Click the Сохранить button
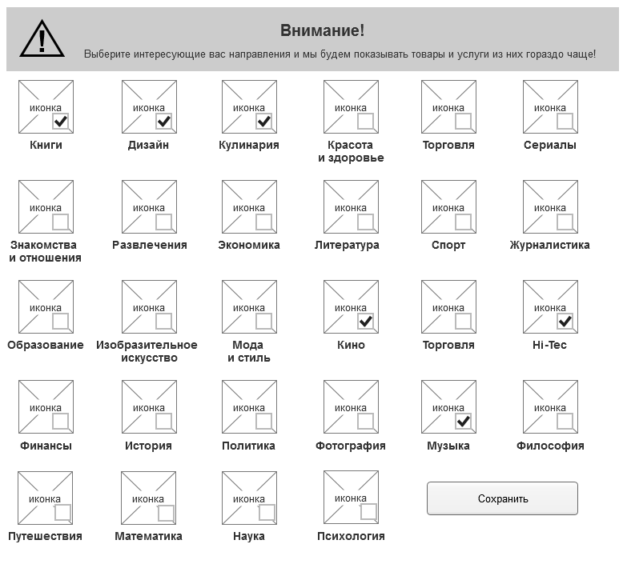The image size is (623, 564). (x=502, y=498)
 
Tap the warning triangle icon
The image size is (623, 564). (x=42, y=38)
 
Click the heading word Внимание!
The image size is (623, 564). (x=322, y=30)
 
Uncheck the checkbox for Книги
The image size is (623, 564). (x=60, y=121)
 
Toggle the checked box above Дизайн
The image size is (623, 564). (x=163, y=121)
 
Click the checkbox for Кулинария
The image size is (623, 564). (x=263, y=121)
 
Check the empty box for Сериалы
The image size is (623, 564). (x=565, y=121)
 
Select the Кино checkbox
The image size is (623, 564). (x=365, y=321)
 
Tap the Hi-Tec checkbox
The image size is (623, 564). (x=565, y=321)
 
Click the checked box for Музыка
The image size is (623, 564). (x=463, y=421)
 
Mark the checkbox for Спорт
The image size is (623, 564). (x=463, y=221)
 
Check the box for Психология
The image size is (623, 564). (x=368, y=512)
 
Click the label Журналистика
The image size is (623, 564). (x=549, y=245)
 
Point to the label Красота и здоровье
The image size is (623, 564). (x=350, y=151)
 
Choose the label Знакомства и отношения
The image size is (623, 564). (x=45, y=251)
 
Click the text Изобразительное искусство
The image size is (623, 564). (x=147, y=351)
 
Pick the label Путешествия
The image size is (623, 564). (x=45, y=536)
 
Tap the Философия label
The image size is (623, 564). (x=549, y=446)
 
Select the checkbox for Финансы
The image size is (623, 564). (x=60, y=421)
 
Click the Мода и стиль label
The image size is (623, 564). (x=248, y=351)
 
